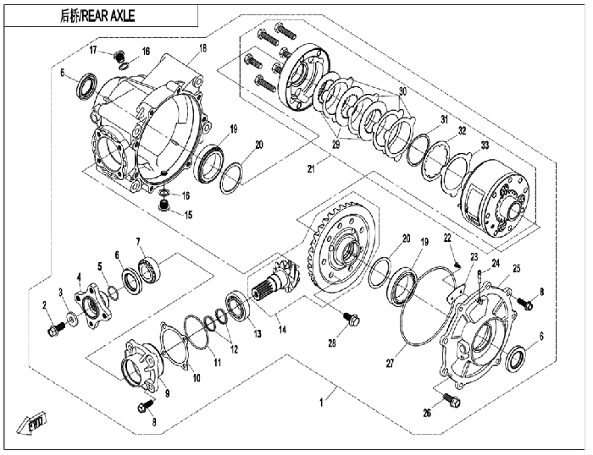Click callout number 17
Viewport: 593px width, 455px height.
[94, 49]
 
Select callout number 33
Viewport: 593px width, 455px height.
[485, 145]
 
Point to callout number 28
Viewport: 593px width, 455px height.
[332, 343]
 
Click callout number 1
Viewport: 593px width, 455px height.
[321, 403]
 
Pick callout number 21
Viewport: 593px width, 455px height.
[311, 169]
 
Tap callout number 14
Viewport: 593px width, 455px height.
[282, 329]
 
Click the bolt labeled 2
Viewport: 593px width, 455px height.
[55, 329]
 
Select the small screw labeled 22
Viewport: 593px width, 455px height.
[457, 264]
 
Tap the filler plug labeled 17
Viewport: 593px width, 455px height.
[119, 57]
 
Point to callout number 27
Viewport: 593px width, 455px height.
[390, 364]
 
